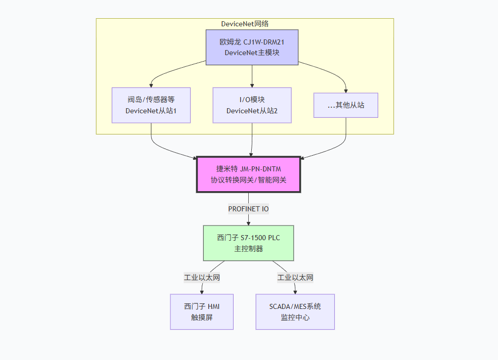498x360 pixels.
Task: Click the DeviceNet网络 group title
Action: pyautogui.click(x=245, y=24)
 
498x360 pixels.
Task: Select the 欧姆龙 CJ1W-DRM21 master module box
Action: pyautogui.click(x=252, y=47)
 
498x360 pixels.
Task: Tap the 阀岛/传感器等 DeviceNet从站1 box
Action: pyautogui.click(x=151, y=105)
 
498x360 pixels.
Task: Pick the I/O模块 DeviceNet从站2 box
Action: pyautogui.click(x=252, y=105)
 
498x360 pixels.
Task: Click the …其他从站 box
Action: pyautogui.click(x=346, y=105)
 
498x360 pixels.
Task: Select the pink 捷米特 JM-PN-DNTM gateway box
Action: pyautogui.click(x=248, y=174)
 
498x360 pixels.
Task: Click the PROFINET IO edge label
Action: pyautogui.click(x=248, y=209)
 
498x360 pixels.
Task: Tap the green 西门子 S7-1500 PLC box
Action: pyautogui.click(x=248, y=243)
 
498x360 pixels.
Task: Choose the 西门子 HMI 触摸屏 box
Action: pyautogui.click(x=202, y=312)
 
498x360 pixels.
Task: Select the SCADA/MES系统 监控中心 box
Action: pyautogui.click(x=295, y=312)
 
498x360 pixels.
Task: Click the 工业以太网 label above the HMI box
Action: pyautogui.click(x=202, y=278)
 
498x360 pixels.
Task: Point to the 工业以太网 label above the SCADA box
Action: pyautogui.click(x=295, y=278)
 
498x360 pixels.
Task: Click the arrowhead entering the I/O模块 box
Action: pyautogui.click(x=252, y=85)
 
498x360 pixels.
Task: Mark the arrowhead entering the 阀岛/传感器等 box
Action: pyautogui.click(x=151, y=85)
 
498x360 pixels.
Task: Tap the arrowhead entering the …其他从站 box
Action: pyautogui.click(x=346, y=90)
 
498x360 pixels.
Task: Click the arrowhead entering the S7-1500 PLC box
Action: pyautogui.click(x=248, y=222)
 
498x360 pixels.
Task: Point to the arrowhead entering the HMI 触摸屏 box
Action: pyautogui.click(x=202, y=291)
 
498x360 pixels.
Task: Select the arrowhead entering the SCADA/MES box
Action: pyautogui.click(x=295, y=291)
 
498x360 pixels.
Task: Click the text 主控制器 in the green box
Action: pyautogui.click(x=248, y=249)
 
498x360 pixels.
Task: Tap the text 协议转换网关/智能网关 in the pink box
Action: pyautogui.click(x=248, y=180)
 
